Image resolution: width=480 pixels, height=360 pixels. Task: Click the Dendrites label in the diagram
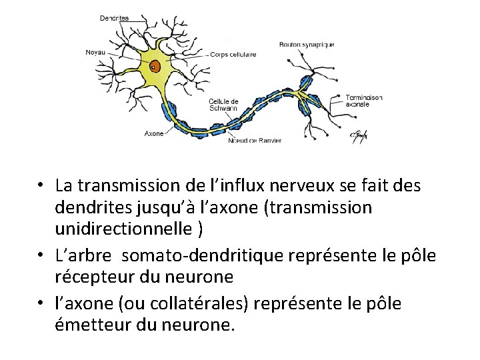[114, 18]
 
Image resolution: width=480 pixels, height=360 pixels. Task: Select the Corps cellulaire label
[233, 54]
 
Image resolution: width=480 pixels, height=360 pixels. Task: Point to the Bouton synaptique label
[307, 45]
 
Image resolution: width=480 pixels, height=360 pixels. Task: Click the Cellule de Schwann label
[224, 104]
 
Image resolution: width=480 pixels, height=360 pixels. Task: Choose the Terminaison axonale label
[364, 101]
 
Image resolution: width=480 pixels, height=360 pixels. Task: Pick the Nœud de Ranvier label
[255, 140]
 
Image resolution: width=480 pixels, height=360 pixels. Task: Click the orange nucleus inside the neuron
[154, 66]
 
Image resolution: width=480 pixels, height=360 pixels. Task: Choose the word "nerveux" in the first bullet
[315, 185]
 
